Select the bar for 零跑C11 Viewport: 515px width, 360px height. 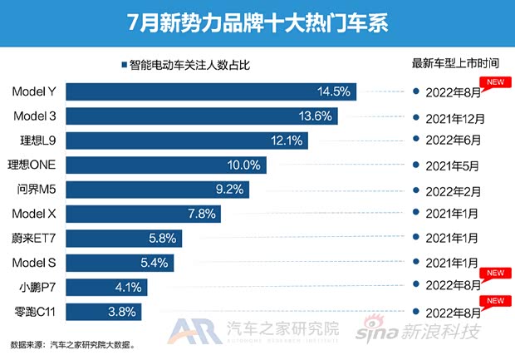103,313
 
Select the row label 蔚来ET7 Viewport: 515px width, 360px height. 37,239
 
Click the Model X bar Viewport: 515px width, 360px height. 144,215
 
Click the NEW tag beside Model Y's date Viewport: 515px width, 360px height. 496,81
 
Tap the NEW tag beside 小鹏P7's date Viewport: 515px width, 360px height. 496,273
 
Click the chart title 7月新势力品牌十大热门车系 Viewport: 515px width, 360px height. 257,20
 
